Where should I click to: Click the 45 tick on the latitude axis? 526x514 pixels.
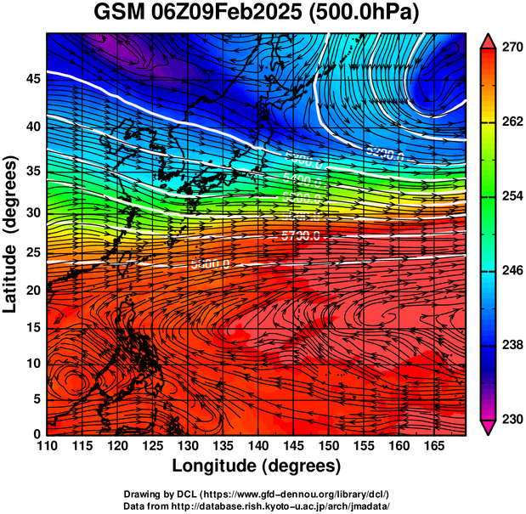[x=33, y=79]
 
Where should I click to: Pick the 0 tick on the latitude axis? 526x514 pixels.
[x=38, y=433]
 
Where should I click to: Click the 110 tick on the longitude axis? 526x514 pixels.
[x=47, y=446]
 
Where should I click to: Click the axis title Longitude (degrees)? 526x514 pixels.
[x=257, y=466]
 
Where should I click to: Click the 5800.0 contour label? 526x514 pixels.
[x=210, y=264]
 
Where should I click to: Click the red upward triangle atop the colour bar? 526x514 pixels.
[x=489, y=40]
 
